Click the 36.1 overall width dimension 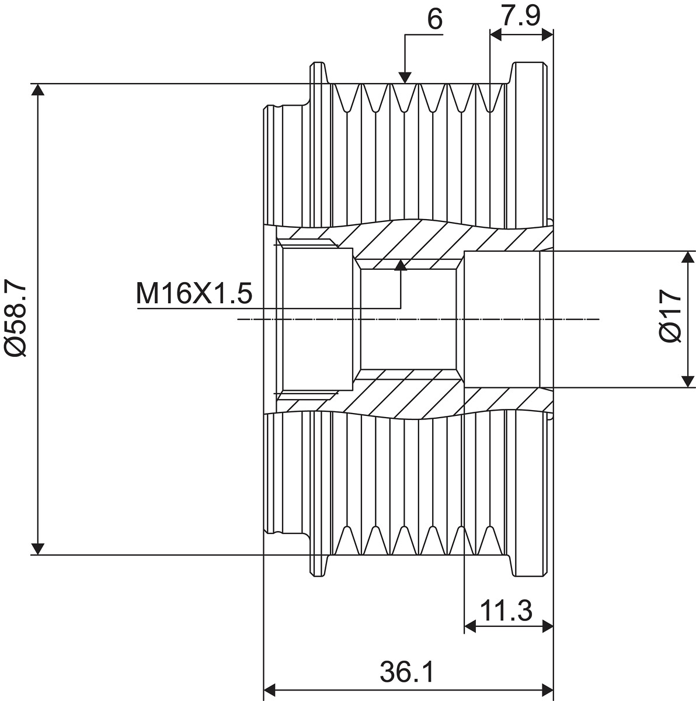407,672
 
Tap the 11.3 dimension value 506,610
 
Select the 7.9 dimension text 521,15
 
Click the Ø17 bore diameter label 670,316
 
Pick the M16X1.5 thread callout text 194,294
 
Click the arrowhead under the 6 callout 405,78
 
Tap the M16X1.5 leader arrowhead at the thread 401,265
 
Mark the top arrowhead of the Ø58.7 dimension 38,89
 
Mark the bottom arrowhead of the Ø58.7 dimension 38,549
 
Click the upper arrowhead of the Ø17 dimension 687,257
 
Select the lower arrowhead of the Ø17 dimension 687,381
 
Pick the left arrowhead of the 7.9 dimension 496,35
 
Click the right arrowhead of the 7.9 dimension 548,35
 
